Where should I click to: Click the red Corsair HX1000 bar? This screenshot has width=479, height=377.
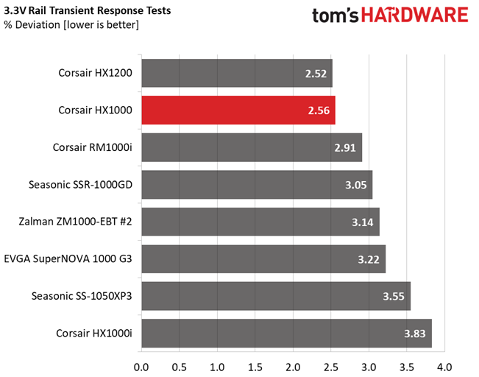pyautogui.click(x=238, y=110)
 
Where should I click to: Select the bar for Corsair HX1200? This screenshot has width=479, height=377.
pyautogui.click(x=236, y=73)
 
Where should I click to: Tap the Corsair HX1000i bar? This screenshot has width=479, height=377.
pyautogui.click(x=285, y=333)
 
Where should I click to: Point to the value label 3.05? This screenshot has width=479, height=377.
pyautogui.click(x=356, y=185)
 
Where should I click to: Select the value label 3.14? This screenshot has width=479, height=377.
pyautogui.click(x=363, y=222)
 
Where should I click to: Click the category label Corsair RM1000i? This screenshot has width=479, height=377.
pyautogui.click(x=92, y=147)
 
